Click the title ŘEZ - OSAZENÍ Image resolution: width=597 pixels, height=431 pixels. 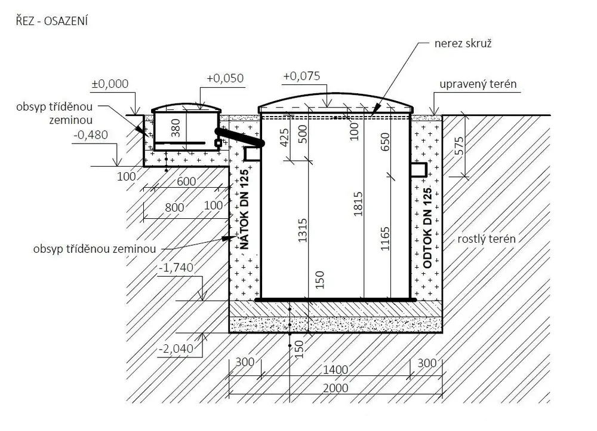[52, 20]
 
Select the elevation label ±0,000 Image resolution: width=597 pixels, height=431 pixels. [110, 84]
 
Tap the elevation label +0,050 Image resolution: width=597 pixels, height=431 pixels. [225, 78]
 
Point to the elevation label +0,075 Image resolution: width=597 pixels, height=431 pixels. [301, 76]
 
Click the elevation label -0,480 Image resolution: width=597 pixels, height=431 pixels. [91, 135]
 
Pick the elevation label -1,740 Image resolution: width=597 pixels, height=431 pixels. [176, 268]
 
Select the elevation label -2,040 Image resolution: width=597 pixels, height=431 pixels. [176, 349]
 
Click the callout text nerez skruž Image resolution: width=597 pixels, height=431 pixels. [463, 44]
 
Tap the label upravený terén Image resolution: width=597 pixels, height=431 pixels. [478, 84]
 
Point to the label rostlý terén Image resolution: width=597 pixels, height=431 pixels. [487, 239]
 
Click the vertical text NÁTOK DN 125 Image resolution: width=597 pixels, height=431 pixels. [244, 209]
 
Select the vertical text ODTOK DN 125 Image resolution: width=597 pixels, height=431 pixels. [427, 228]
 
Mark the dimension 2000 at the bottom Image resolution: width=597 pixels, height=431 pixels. [336, 389]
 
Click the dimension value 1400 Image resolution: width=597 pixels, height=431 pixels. [336, 369]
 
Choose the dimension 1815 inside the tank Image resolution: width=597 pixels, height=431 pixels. [358, 204]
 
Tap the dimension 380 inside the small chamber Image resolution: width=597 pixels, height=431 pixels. [176, 128]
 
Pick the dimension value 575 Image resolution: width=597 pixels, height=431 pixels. [460, 146]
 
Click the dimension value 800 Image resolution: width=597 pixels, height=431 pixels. [174, 207]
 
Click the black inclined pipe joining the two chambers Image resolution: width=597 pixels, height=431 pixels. [240, 137]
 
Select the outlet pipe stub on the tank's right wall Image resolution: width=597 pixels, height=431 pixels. [418, 170]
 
